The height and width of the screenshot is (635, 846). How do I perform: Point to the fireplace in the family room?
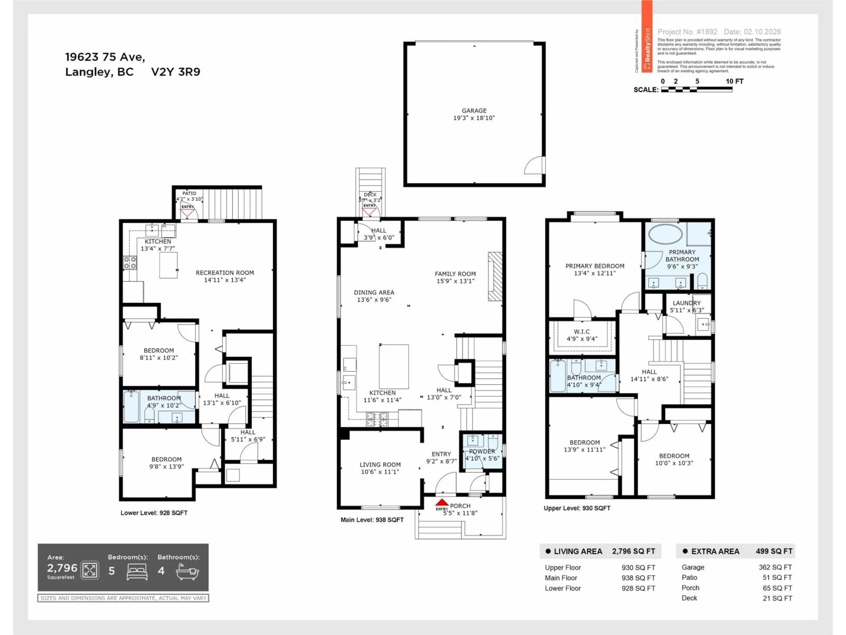coord(495,276)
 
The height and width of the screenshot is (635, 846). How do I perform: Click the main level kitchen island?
coord(393,366)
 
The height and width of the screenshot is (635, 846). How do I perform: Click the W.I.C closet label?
coord(582,331)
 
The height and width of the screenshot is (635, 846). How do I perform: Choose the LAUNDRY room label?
coord(686,303)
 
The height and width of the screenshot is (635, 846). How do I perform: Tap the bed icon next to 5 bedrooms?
coord(137,571)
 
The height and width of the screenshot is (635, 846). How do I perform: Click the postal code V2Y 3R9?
coord(176,72)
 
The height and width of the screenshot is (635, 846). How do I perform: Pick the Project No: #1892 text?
coord(687,32)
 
